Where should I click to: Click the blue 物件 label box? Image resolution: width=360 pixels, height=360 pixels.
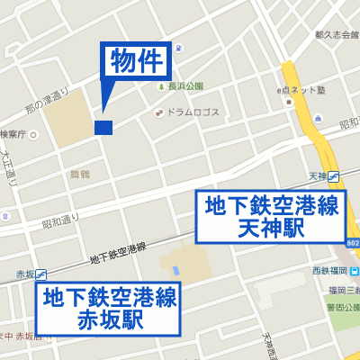click(x=136, y=62)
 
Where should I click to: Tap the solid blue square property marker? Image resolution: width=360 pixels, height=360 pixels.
click(x=103, y=128)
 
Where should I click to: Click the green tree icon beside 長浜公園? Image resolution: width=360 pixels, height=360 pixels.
click(x=163, y=86)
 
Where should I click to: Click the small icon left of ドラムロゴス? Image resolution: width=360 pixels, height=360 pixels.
click(x=159, y=112)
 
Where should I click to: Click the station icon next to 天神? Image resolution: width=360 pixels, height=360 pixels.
click(x=334, y=175)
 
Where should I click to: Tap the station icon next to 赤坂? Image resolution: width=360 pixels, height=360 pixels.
click(x=43, y=274)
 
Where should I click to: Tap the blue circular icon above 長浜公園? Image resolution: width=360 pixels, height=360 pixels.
click(x=179, y=48)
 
